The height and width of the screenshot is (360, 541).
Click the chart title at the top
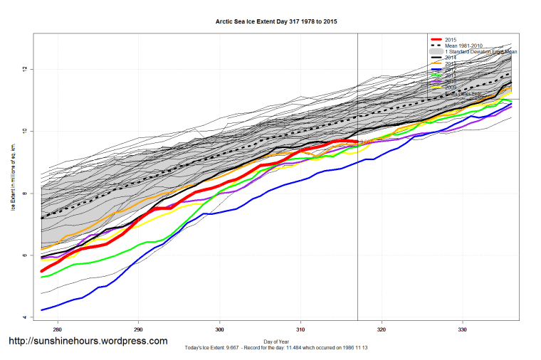point(276,22)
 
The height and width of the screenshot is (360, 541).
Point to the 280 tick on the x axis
point(58,329)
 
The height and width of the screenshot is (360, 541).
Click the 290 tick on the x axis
point(139,329)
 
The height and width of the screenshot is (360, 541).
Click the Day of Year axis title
point(276,341)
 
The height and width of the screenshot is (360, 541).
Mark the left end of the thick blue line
point(42,310)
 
